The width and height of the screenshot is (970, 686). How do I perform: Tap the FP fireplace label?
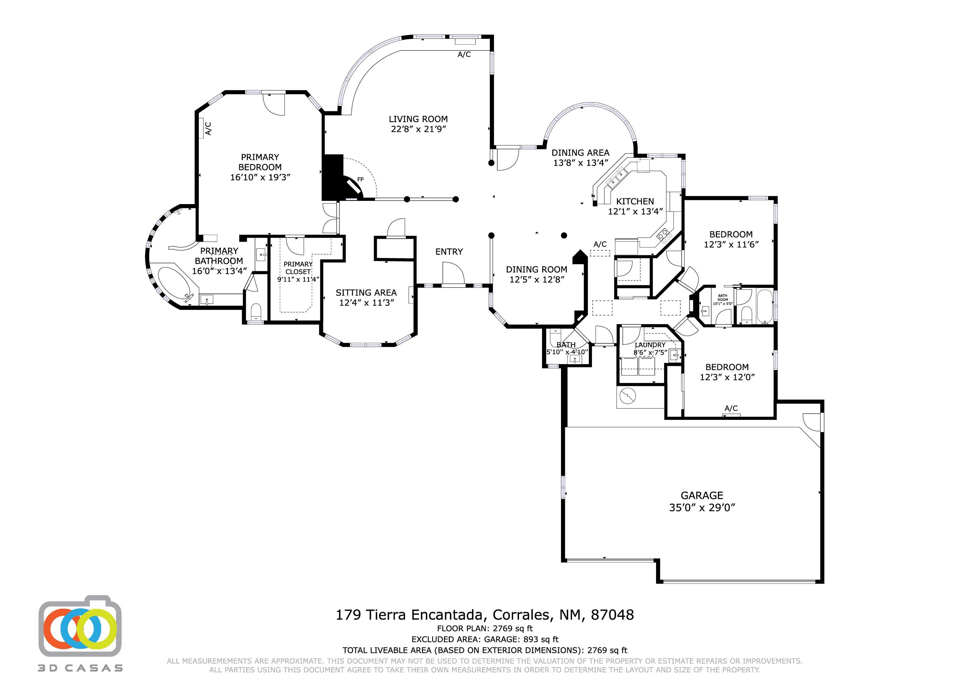point(361,180)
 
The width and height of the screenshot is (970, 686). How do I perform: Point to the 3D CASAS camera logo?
point(80,628)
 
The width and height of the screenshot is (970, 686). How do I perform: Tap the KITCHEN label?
point(635,201)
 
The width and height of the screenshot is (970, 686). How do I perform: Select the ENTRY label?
point(449,252)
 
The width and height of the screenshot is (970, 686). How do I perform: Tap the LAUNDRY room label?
point(650,345)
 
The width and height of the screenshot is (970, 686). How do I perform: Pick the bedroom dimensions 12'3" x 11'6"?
point(731,244)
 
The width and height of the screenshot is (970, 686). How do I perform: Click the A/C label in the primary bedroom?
point(208,128)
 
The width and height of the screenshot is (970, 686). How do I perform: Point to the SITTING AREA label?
point(366,292)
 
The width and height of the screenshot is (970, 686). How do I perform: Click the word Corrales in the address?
point(521,615)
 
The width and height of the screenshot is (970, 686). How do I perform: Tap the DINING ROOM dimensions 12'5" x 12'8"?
point(536,279)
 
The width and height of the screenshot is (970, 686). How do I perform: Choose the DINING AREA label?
point(580,153)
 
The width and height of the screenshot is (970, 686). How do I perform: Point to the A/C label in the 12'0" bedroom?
point(731,408)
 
